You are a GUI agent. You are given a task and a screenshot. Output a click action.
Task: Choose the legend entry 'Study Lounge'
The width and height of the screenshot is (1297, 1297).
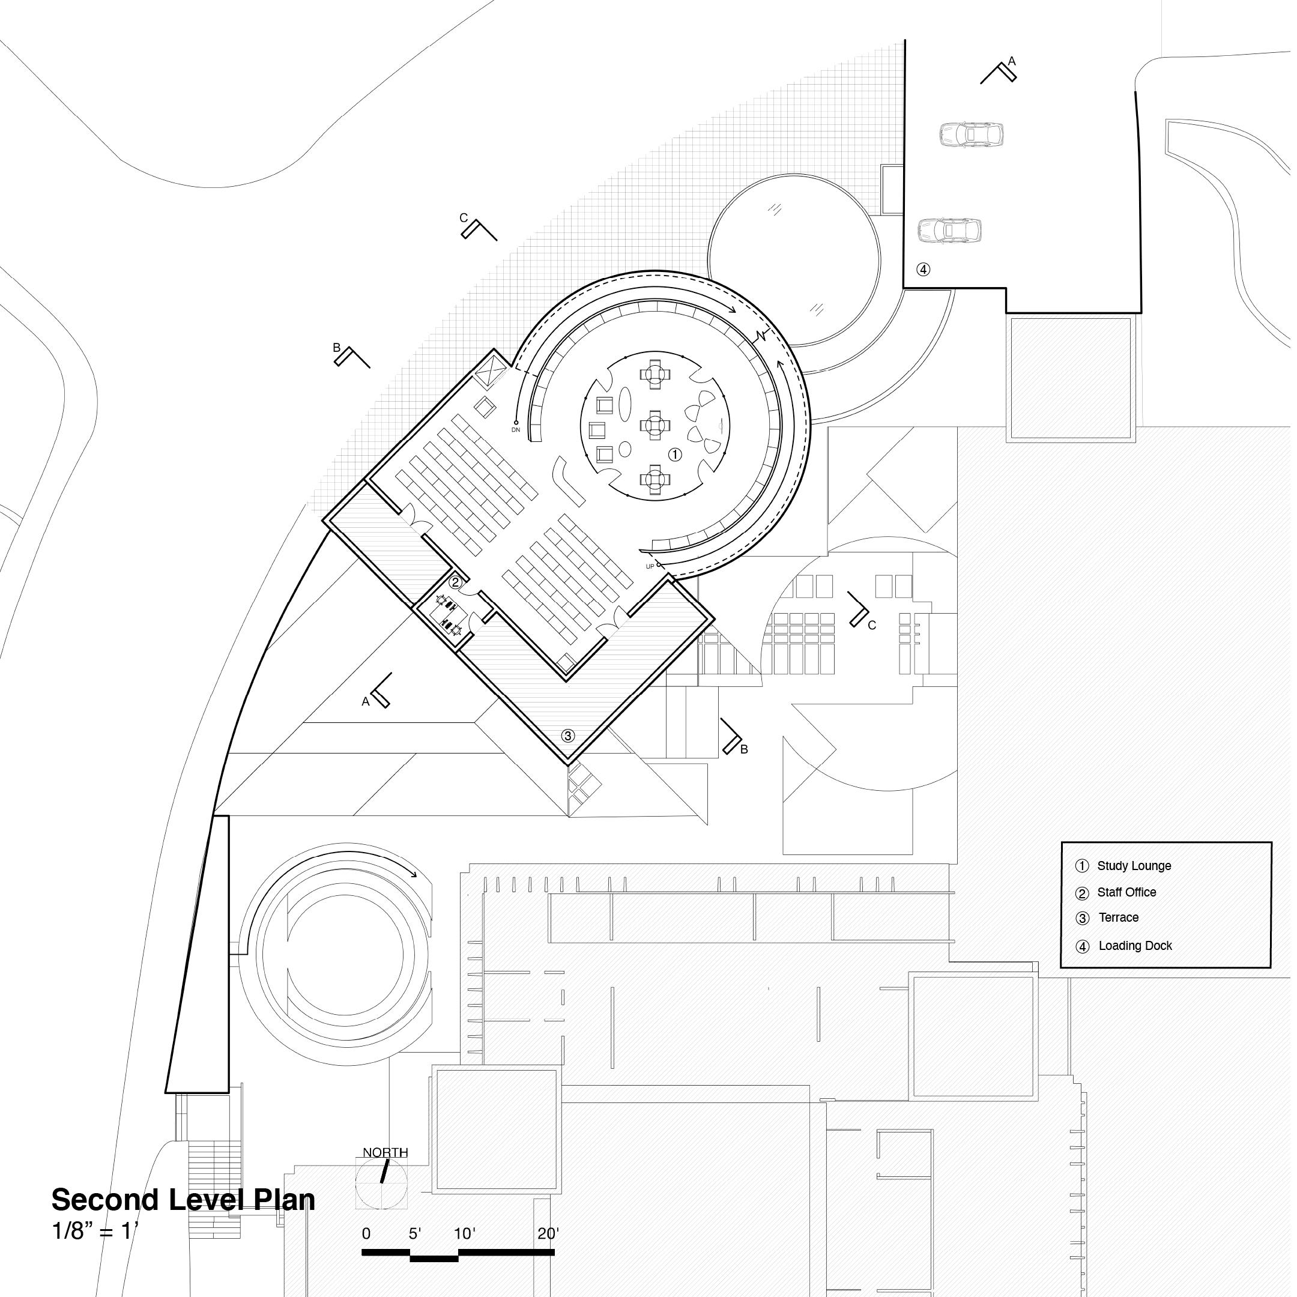tap(1134, 866)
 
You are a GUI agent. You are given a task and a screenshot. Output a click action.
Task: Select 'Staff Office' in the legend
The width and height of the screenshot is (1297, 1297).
tap(1126, 892)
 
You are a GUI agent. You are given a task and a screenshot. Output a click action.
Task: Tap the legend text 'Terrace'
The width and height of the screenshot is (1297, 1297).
tap(1119, 918)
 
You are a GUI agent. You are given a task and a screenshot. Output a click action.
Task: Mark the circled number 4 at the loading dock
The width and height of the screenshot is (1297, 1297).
tap(924, 270)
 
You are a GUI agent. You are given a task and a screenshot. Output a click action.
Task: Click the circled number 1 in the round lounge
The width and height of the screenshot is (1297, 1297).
tap(676, 455)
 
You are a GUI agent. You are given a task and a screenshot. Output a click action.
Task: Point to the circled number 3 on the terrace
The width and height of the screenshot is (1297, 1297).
tap(568, 736)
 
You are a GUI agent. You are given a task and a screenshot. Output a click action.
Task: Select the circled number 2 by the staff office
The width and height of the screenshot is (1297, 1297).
tap(455, 581)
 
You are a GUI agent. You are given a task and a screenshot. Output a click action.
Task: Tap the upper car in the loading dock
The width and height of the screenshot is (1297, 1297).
tap(971, 135)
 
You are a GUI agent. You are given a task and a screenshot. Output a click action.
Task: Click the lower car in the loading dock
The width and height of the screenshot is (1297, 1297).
tap(949, 230)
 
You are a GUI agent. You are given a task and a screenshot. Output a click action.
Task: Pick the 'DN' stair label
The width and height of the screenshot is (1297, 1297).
tap(516, 430)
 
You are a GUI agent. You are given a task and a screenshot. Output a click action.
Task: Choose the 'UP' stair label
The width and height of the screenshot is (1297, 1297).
tap(650, 567)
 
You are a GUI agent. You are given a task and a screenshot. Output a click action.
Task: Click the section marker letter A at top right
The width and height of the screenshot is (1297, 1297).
tap(1012, 62)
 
